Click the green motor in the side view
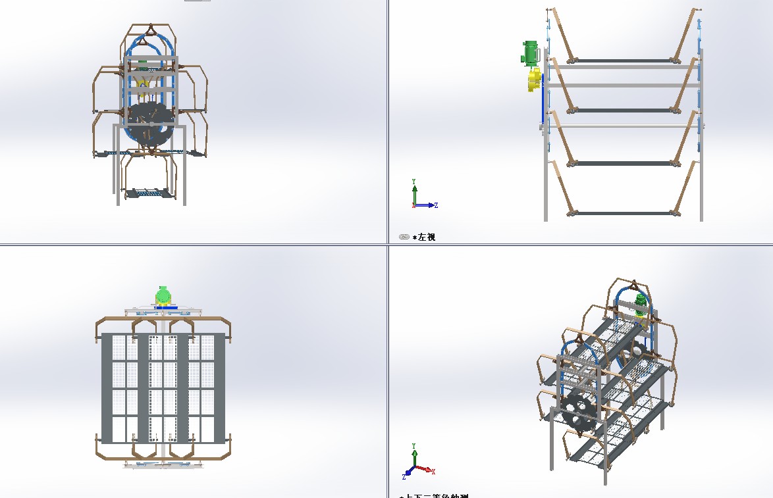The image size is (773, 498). click(x=531, y=53)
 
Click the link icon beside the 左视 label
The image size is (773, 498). click(x=404, y=237)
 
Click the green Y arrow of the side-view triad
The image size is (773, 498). click(x=414, y=191)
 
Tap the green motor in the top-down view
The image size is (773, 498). click(x=163, y=294)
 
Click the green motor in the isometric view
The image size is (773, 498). click(x=640, y=303)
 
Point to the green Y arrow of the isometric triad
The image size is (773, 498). click(x=414, y=453)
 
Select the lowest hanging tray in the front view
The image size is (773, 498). click(x=151, y=193)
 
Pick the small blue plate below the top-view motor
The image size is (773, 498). click(x=163, y=307)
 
